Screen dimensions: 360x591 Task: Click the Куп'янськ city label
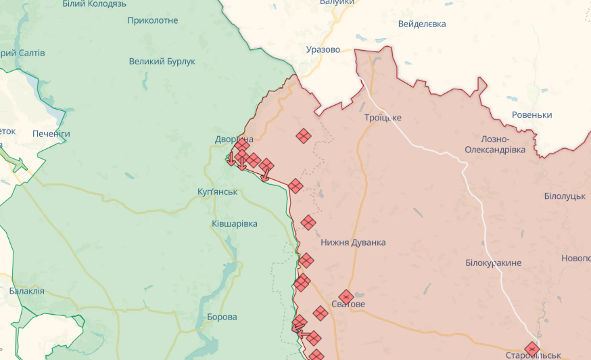pyautogui.click(x=218, y=192)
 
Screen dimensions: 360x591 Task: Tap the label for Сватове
pyautogui.click(x=348, y=305)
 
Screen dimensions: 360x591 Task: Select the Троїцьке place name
pyautogui.click(x=383, y=118)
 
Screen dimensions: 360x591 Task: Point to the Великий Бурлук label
pyautogui.click(x=162, y=62)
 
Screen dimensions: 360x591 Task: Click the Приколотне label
pyautogui.click(x=153, y=20)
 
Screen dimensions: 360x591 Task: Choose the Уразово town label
pyautogui.click(x=323, y=49)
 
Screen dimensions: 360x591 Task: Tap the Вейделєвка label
pyautogui.click(x=422, y=24)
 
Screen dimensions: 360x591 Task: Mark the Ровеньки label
pyautogui.click(x=531, y=115)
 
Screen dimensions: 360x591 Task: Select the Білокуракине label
pyautogui.click(x=494, y=263)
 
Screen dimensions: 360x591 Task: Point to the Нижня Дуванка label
pyautogui.click(x=353, y=242)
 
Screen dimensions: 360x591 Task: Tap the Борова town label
pyautogui.click(x=222, y=317)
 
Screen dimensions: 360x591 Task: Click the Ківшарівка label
pyautogui.click(x=234, y=223)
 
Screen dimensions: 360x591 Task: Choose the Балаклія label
pyautogui.click(x=27, y=291)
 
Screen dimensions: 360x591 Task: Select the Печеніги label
pyautogui.click(x=51, y=134)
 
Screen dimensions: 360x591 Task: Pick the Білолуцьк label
pyautogui.click(x=564, y=196)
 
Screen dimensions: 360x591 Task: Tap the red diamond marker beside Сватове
pyautogui.click(x=346, y=296)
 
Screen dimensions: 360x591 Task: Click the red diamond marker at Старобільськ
pyautogui.click(x=532, y=349)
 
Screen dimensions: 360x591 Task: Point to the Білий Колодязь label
pyautogui.click(x=94, y=4)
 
